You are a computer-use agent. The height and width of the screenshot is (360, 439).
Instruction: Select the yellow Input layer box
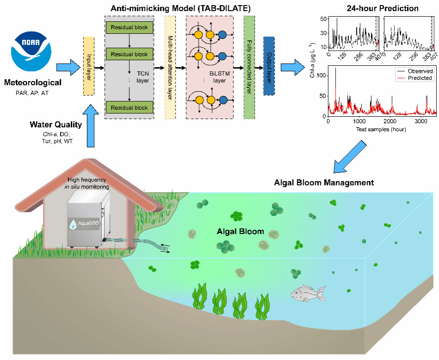tap(89, 66)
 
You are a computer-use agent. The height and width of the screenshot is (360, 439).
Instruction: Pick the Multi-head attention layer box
tap(170, 66)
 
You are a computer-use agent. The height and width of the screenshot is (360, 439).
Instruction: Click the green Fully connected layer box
tap(249, 66)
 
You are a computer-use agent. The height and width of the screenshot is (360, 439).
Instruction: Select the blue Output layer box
tap(269, 66)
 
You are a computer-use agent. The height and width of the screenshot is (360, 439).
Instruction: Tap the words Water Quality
tap(56, 124)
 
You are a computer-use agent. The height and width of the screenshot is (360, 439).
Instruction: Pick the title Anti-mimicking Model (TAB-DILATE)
tap(174, 8)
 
